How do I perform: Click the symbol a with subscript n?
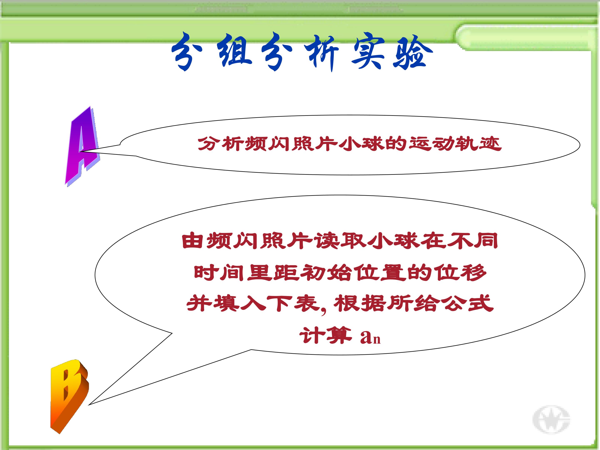pos(370,337)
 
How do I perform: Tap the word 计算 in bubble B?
pos(325,336)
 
